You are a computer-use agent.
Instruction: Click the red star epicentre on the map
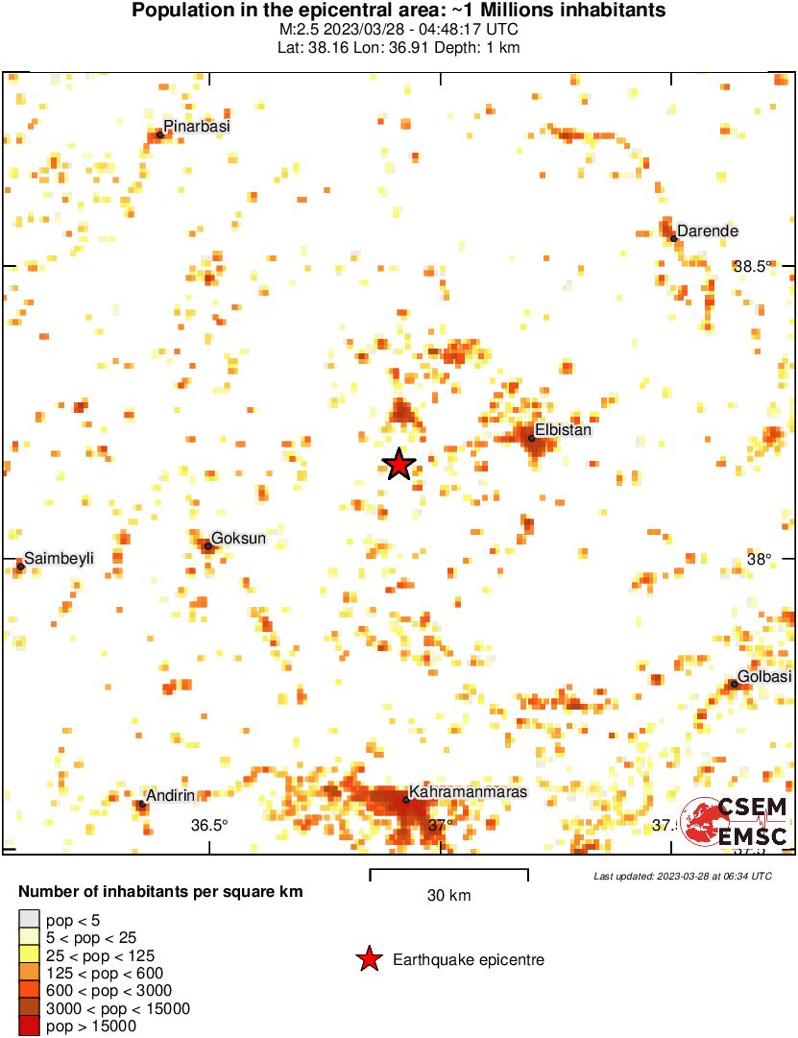click(399, 465)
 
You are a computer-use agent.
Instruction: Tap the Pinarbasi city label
click(197, 126)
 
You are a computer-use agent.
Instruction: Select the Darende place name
click(708, 231)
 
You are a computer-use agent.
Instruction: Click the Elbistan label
click(563, 430)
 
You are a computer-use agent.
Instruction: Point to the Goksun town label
click(238, 539)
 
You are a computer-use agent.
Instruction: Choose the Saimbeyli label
click(59, 558)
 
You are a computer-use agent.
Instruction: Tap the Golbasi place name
click(764, 677)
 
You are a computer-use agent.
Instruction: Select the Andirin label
click(171, 795)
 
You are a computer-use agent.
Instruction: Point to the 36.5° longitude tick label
click(208, 825)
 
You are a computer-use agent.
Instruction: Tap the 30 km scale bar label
click(448, 896)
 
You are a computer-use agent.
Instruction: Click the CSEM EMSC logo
click(736, 822)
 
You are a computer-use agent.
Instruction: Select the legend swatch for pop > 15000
click(29, 1026)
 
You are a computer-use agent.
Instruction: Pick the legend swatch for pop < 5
click(29, 921)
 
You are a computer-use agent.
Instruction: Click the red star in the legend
click(368, 959)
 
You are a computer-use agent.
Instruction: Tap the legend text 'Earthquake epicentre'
click(469, 960)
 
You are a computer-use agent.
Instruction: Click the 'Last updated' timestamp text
click(682, 876)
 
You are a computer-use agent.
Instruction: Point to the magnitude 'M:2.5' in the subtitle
click(299, 30)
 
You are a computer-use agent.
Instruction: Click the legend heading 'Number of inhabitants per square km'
click(160, 892)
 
